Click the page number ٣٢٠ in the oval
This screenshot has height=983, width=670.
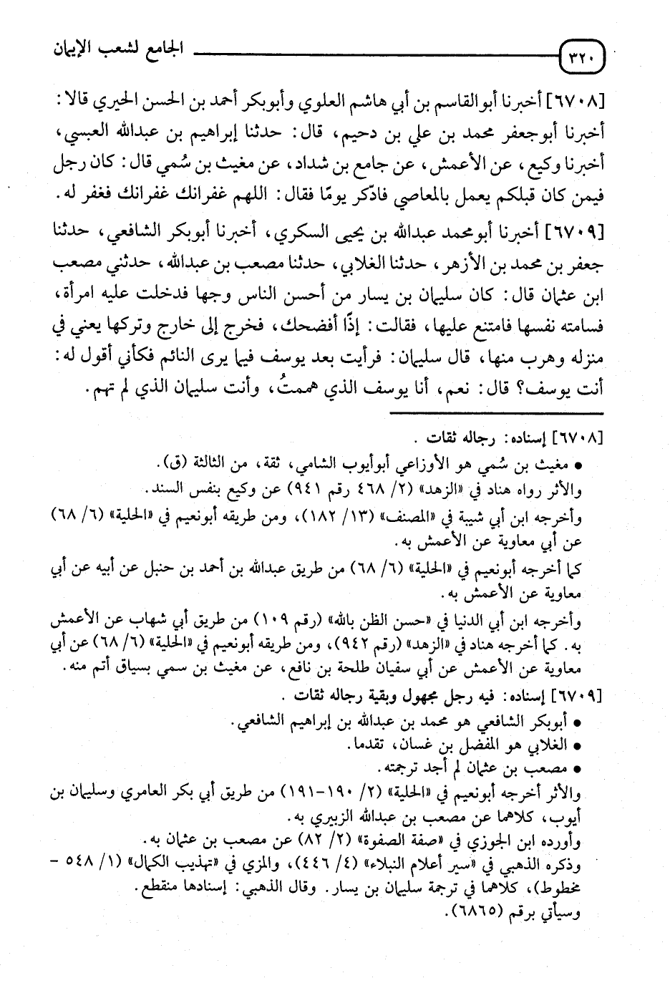581,55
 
